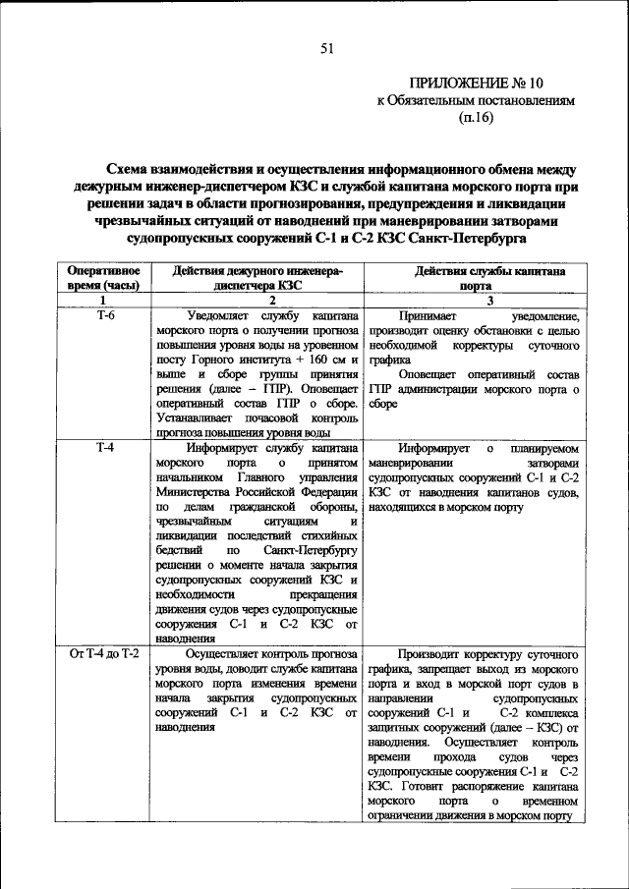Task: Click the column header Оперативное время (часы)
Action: pos(103,277)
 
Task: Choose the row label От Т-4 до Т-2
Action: pos(103,653)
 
